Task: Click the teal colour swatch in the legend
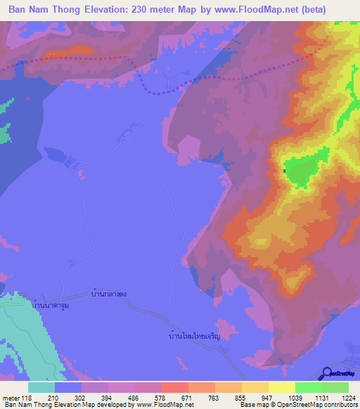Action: tap(41, 387)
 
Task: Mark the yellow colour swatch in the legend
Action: tap(281, 387)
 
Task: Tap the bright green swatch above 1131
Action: tap(308, 387)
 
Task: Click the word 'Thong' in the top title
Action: tap(70, 10)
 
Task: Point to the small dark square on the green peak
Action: tap(284, 170)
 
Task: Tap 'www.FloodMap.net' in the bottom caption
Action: tap(155, 405)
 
